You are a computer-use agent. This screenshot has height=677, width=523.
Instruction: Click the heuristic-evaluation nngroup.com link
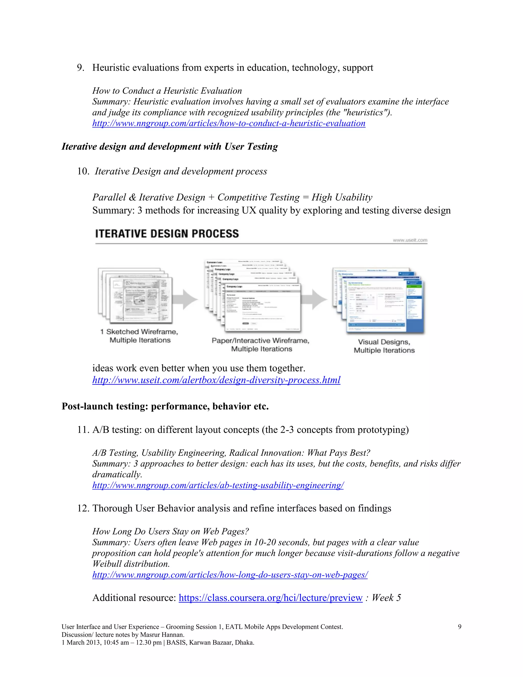[x=229, y=123]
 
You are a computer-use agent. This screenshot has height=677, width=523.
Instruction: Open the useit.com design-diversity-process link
[x=216, y=380]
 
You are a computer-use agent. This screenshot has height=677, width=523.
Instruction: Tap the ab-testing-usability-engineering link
[x=218, y=485]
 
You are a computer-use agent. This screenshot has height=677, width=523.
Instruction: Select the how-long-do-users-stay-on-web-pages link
[x=230, y=575]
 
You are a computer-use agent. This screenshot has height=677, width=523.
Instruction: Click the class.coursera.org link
[x=270, y=598]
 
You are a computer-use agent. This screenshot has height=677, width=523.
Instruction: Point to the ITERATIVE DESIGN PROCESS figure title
[x=167, y=234]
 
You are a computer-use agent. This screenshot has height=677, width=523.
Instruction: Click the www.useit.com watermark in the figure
[x=410, y=240]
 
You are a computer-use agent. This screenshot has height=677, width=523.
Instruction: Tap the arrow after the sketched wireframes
[x=186, y=299]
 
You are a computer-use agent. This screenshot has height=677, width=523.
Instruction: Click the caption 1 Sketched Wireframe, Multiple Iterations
[x=139, y=336]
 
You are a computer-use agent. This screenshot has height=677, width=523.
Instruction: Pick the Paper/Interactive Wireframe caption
[x=260, y=345]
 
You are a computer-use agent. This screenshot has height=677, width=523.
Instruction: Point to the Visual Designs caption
[x=384, y=346]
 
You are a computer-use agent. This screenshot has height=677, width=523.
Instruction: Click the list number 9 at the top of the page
[x=80, y=68]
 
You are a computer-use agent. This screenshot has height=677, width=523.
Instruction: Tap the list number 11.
[x=83, y=430]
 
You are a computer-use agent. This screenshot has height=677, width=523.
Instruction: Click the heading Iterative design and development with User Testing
[x=170, y=147]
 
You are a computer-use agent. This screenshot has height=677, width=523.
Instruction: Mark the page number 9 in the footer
[x=459, y=627]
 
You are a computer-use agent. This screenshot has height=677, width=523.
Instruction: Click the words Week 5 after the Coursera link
[x=386, y=598]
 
